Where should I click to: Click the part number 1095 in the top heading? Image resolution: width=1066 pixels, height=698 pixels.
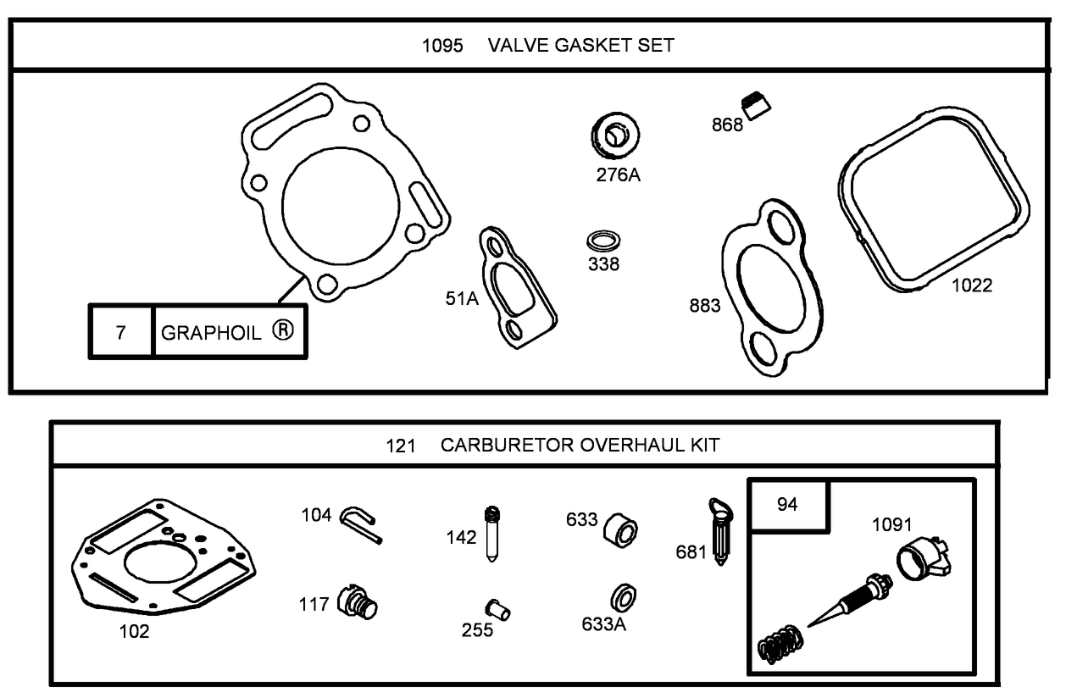pyautogui.click(x=442, y=46)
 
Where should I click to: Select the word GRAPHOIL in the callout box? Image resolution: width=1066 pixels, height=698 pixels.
pyautogui.click(x=211, y=332)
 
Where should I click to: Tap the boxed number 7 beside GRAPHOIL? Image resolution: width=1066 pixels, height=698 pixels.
pyautogui.click(x=120, y=332)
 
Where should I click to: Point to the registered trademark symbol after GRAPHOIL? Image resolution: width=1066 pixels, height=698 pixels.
pyautogui.click(x=282, y=330)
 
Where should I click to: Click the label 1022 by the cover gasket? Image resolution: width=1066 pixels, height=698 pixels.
pyautogui.click(x=971, y=285)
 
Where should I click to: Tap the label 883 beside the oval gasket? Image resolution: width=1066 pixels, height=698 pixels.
pyautogui.click(x=704, y=305)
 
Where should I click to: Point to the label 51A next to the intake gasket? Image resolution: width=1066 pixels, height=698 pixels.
pyautogui.click(x=461, y=297)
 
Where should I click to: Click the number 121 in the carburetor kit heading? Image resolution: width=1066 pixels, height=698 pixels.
pyautogui.click(x=401, y=446)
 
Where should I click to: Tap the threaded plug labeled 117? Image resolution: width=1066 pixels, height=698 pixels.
pyautogui.click(x=358, y=603)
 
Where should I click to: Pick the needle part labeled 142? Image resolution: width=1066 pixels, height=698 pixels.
pyautogui.click(x=491, y=533)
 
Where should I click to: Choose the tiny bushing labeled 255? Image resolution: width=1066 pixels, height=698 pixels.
pyautogui.click(x=497, y=608)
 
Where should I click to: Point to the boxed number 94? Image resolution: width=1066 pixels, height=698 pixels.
pyautogui.click(x=787, y=505)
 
